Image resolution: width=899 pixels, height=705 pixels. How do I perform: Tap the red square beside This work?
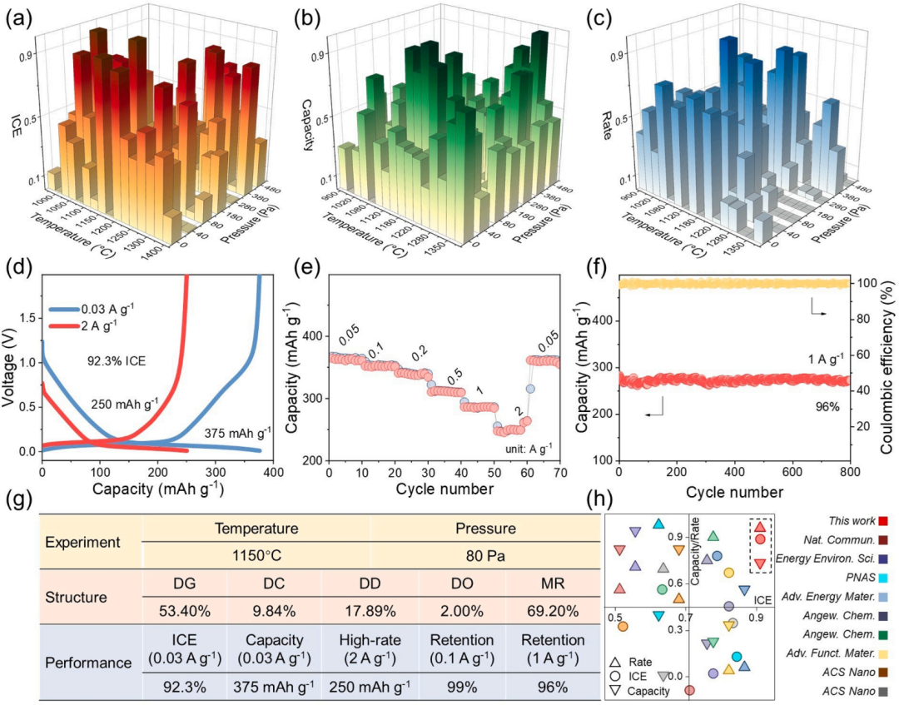point(885,520)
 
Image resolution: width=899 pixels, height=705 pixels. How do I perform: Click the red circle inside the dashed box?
point(759,540)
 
